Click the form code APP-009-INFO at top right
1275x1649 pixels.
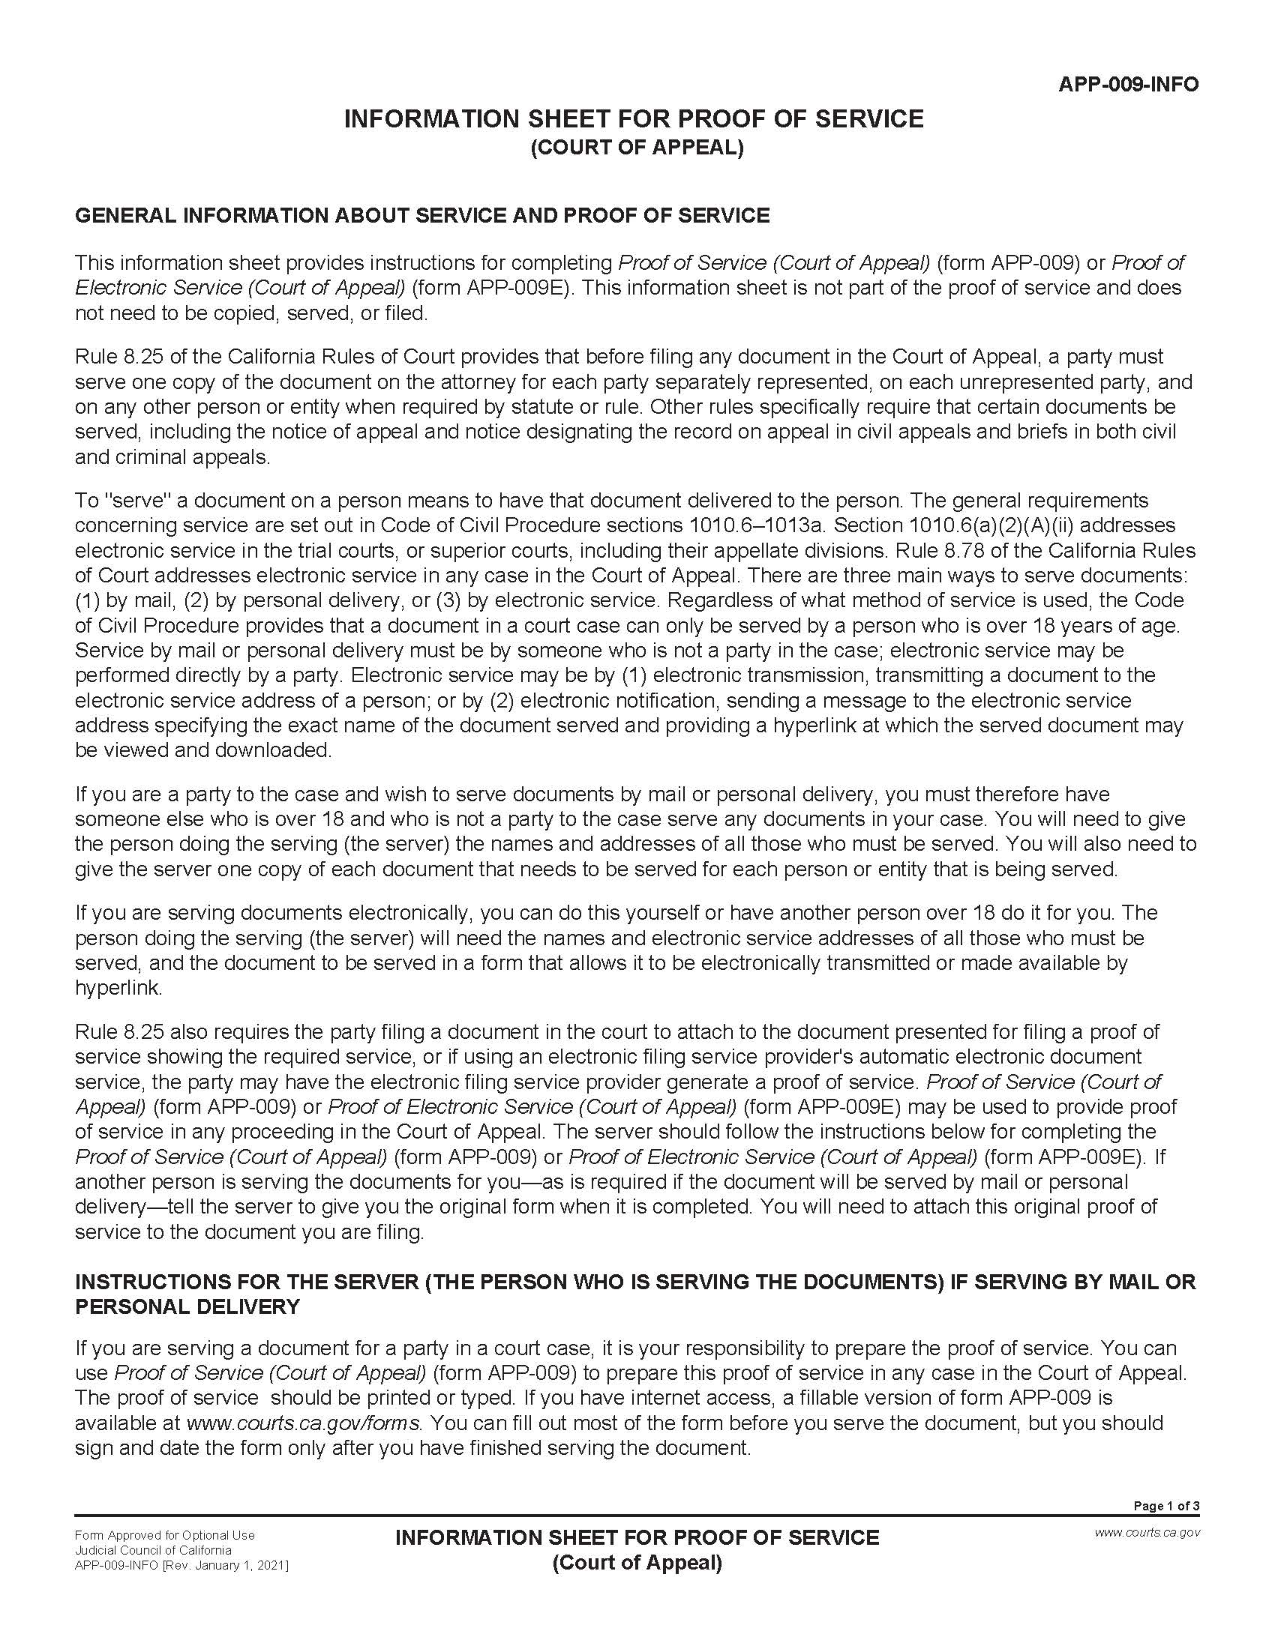[x=1128, y=84]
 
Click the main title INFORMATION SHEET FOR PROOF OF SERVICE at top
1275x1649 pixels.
[x=634, y=118]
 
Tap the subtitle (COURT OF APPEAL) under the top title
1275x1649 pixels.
[x=637, y=147]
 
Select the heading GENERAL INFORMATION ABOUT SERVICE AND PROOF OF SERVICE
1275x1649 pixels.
[x=422, y=215]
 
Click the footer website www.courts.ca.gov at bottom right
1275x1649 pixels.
[x=1147, y=1532]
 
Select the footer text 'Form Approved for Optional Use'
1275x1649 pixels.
[x=165, y=1535]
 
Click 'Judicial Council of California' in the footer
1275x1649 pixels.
[x=152, y=1550]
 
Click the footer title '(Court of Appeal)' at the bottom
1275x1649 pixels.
[x=637, y=1562]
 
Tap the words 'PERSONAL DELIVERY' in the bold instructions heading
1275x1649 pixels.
[x=187, y=1306]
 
